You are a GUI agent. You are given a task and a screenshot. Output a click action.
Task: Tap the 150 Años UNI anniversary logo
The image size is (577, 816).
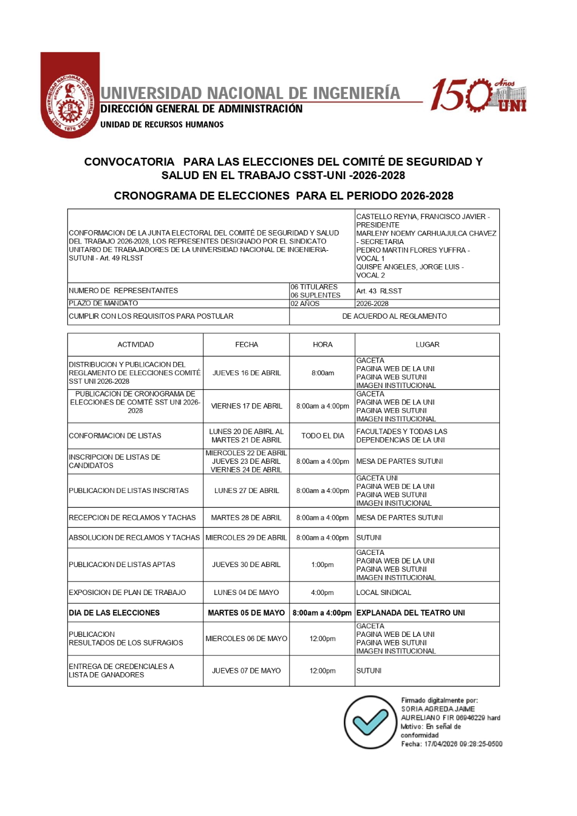coord(478,95)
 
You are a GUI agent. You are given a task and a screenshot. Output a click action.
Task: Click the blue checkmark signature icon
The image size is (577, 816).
coord(370,722)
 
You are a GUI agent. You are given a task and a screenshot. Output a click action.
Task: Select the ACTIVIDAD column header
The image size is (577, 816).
coord(135,345)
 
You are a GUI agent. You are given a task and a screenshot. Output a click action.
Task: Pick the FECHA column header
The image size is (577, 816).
coord(247,345)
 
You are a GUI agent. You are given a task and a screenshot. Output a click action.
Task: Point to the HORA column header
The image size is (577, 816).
coord(323,345)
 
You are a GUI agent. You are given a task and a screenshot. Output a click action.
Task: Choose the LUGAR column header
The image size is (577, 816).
coord(427,345)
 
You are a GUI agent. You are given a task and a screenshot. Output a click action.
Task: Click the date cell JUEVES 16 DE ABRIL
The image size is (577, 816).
coord(247,373)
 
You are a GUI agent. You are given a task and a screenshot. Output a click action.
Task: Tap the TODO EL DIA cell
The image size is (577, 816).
coord(323,436)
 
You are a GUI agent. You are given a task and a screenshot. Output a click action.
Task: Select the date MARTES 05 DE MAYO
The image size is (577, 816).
coord(247,613)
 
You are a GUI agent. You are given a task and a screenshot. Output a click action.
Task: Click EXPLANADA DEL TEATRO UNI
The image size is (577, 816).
coord(411,613)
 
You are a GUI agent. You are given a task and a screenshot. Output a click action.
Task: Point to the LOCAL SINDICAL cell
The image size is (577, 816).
coord(384,593)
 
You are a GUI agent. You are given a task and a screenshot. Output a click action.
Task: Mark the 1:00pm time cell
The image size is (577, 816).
coord(323,565)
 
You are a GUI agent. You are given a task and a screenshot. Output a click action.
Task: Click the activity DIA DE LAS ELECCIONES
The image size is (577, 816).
coord(114,613)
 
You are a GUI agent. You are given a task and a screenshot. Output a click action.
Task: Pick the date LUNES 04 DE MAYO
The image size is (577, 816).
coord(247,593)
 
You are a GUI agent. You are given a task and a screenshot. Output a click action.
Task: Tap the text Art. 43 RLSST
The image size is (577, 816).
coord(379,291)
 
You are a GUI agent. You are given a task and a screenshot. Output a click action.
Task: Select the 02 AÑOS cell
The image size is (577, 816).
coord(305,304)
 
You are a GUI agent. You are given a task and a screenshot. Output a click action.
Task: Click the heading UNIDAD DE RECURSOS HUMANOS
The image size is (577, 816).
coord(162,124)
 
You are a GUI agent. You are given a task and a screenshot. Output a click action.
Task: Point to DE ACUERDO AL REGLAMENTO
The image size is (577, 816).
coord(394,316)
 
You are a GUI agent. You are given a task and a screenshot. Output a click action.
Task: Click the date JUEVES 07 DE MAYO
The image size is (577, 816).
coord(247,671)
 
